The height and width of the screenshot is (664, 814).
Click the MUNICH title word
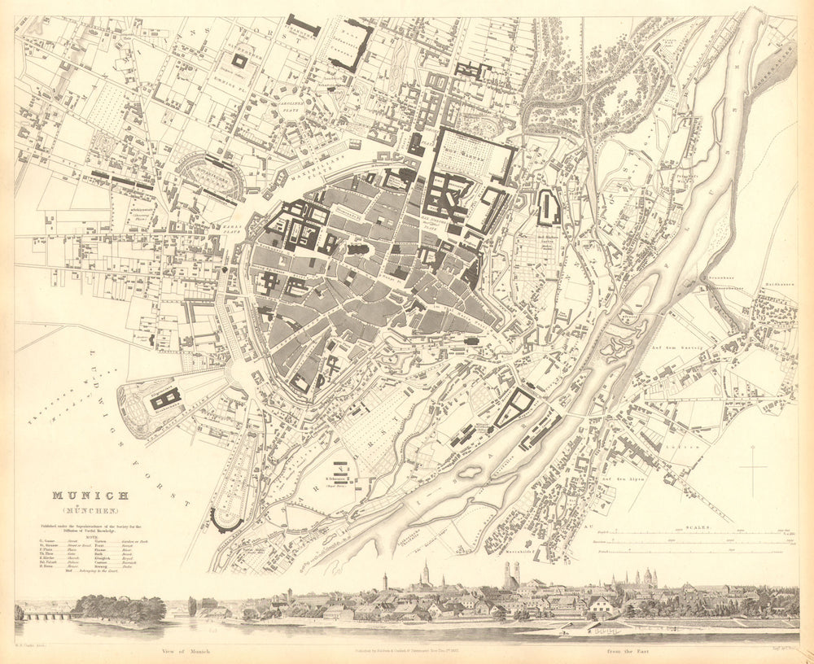click(x=89, y=496)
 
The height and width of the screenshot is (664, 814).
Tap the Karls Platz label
click(x=229, y=229)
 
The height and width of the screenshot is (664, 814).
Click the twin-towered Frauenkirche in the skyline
click(x=511, y=576)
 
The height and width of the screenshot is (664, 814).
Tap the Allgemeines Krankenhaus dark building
click(x=166, y=397)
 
